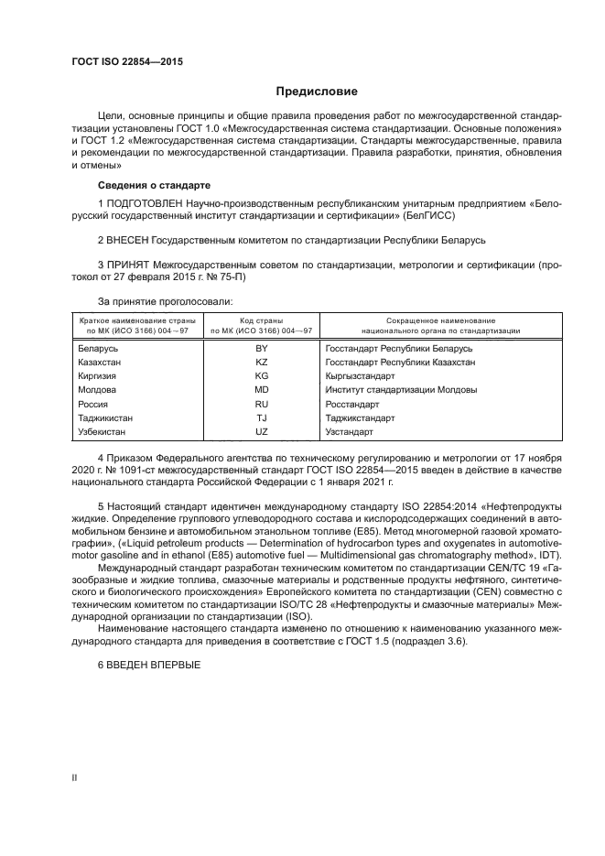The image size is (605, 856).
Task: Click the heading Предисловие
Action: coord(317,92)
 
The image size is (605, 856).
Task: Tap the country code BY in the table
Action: coord(261,349)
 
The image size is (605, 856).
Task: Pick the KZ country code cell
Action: coord(261,363)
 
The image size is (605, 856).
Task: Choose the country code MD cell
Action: coord(261,390)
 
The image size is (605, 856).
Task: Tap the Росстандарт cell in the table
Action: coord(351,404)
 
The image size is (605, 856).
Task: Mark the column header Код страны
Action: coord(261,320)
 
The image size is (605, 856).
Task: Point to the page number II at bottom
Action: coord(75,777)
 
